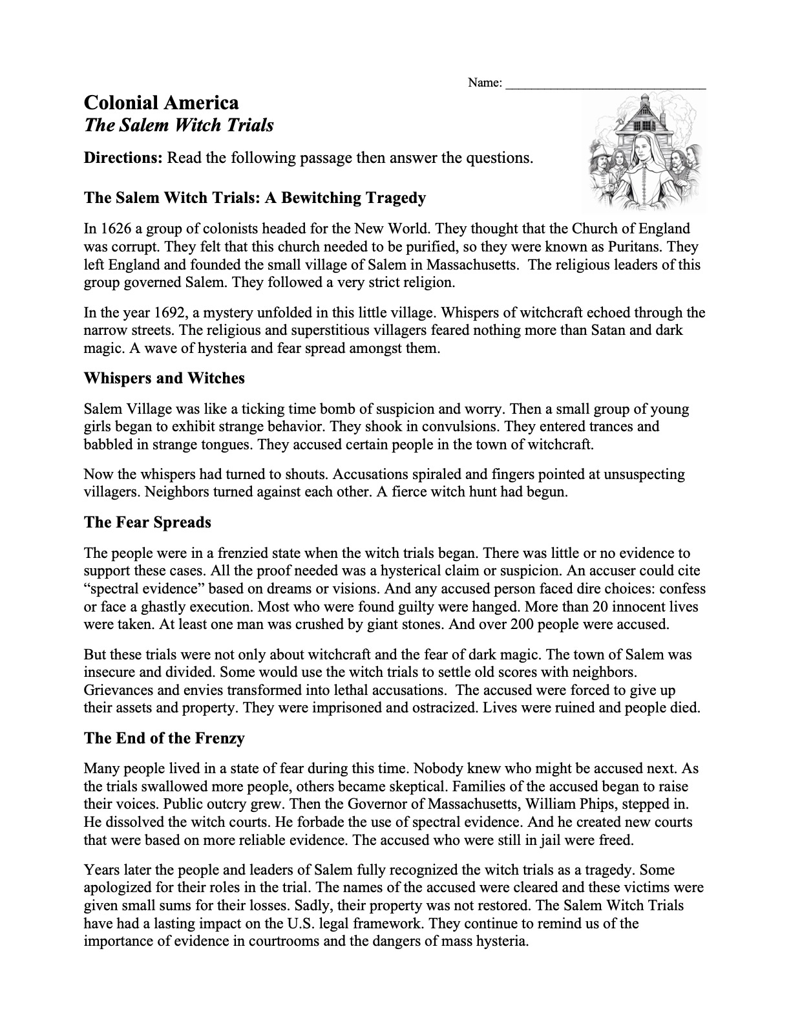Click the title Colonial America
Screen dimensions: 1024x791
click(x=162, y=103)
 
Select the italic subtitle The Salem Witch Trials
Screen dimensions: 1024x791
click(x=179, y=125)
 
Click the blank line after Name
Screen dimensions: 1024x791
click(x=606, y=83)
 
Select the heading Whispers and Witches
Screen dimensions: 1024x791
click(x=164, y=378)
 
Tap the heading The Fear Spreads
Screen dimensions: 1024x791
click(x=147, y=522)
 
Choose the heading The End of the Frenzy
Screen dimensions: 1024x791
click(x=164, y=738)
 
